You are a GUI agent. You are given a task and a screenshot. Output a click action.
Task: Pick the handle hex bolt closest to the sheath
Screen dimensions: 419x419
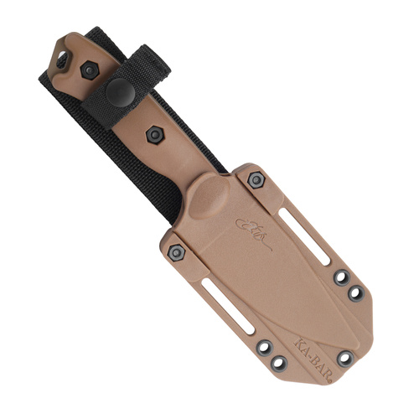(154, 134)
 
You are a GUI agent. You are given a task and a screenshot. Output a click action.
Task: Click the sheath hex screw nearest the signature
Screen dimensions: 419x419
(256, 178)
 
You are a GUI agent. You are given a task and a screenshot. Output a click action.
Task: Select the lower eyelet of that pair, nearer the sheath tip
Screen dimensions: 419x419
(354, 292)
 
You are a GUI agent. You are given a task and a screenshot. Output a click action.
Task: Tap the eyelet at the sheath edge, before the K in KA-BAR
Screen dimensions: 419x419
(278, 363)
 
